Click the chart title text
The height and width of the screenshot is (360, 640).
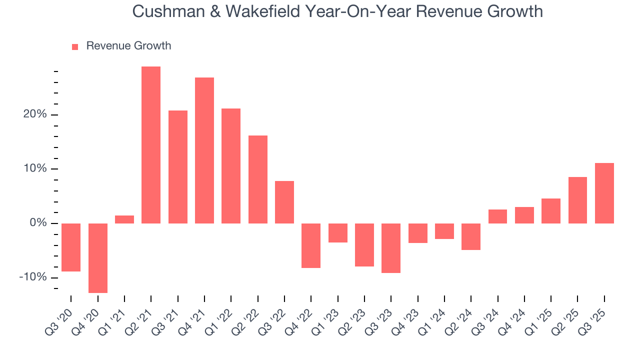point(337,11)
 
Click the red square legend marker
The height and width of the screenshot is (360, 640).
point(75,47)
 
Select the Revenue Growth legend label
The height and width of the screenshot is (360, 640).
point(128,46)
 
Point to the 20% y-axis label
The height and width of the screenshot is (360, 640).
point(35,114)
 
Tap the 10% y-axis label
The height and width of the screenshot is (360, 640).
point(35,168)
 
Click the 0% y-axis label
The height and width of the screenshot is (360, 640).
point(38,223)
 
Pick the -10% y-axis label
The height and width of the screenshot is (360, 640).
point(33,277)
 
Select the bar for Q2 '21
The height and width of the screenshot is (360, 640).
point(151,145)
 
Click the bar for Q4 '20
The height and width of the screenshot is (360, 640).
point(98,258)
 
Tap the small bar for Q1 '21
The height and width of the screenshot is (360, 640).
point(124,219)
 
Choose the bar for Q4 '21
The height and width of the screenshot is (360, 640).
point(204,150)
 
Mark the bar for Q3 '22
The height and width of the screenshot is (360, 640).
point(284,202)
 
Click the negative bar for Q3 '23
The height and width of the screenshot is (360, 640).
point(391,248)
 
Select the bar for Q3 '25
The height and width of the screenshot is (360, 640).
point(604,193)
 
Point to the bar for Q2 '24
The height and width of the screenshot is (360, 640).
point(471,236)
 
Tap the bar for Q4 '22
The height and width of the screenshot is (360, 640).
point(311,245)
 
